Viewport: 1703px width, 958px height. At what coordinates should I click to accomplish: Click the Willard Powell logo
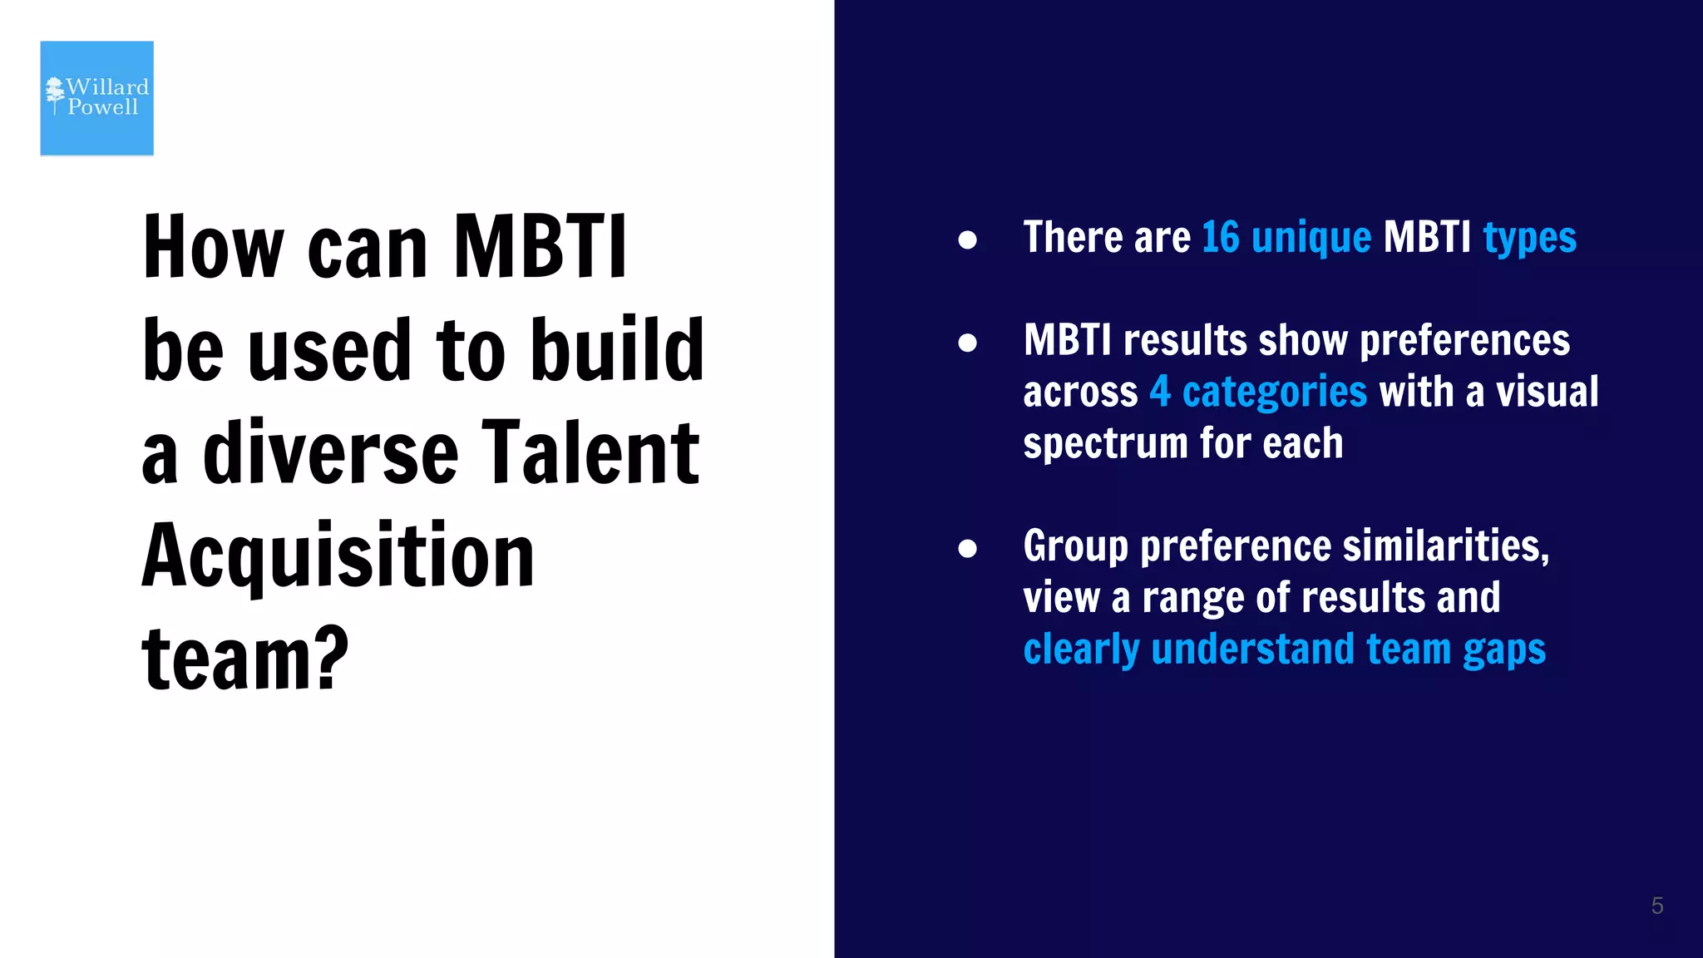pos(97,98)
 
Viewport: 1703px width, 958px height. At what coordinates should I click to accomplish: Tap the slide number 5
pos(1656,906)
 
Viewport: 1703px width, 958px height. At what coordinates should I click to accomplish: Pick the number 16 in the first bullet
pos(1220,238)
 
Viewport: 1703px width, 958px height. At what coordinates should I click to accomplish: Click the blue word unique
pos(1311,238)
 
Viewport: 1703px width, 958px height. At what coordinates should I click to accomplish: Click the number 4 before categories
pos(1160,392)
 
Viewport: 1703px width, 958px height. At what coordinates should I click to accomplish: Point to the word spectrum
pos(1105,444)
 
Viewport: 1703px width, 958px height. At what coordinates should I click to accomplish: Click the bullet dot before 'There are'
pos(967,240)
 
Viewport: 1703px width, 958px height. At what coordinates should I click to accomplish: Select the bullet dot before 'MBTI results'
pos(967,343)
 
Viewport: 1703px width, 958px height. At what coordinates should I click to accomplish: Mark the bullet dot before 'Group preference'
pos(967,548)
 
